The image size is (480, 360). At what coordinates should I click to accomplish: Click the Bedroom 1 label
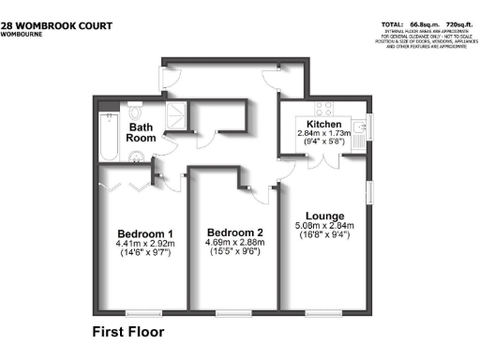click(144, 233)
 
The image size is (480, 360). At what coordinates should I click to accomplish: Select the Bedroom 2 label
click(233, 233)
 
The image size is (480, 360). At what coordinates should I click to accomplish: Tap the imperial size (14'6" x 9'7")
click(144, 256)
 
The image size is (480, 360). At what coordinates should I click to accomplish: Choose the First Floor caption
click(127, 332)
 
